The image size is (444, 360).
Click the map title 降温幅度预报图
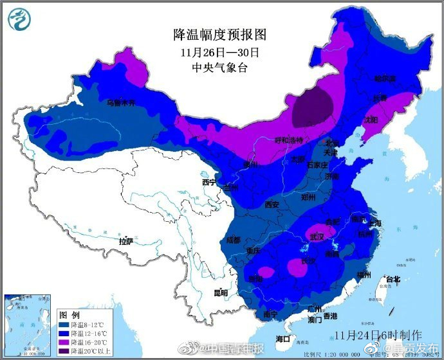(x=219, y=34)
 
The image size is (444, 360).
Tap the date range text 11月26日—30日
(x=219, y=51)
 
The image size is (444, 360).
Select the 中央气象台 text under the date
(x=219, y=67)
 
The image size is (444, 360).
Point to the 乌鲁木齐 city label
(x=122, y=103)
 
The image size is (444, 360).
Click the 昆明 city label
(x=220, y=292)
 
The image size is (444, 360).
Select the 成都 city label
(x=233, y=240)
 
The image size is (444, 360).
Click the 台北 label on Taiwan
(x=392, y=279)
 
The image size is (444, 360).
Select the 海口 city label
(x=283, y=338)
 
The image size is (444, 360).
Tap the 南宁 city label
(x=270, y=314)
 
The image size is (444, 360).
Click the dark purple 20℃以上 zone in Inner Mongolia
(x=313, y=107)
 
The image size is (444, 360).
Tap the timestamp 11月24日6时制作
(x=378, y=335)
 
